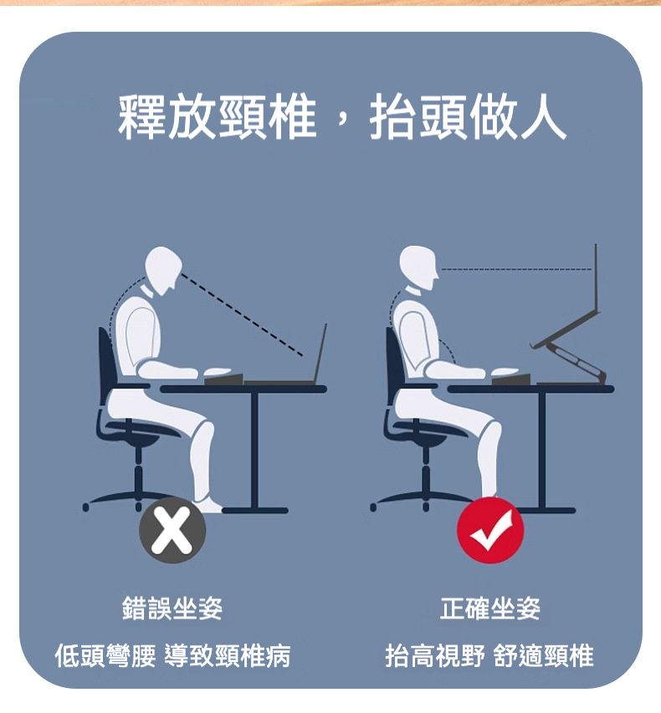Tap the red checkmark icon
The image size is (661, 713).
490,530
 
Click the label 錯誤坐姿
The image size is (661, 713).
172,609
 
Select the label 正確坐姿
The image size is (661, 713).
491,609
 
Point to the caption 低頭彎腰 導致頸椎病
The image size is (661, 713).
172,656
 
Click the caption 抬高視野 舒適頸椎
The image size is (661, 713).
489,656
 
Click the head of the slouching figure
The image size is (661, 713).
164,267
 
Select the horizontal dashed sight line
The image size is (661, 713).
515,270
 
